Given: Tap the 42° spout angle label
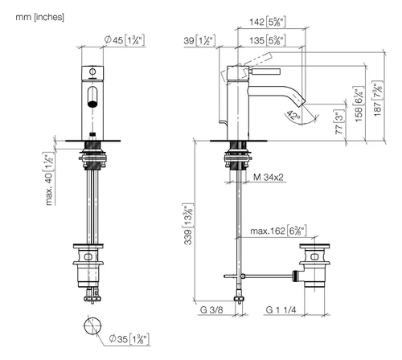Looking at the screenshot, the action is (293, 116).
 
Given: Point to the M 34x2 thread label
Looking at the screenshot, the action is (269, 177).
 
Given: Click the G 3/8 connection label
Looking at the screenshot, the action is (211, 310).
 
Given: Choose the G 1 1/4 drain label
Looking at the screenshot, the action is (281, 310).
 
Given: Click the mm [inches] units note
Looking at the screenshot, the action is (39, 17).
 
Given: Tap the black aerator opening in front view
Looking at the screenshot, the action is (92, 104).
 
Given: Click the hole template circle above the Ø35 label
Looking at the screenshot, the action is (92, 325).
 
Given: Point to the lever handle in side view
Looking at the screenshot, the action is (265, 72).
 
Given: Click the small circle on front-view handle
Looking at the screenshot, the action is (92, 72).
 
